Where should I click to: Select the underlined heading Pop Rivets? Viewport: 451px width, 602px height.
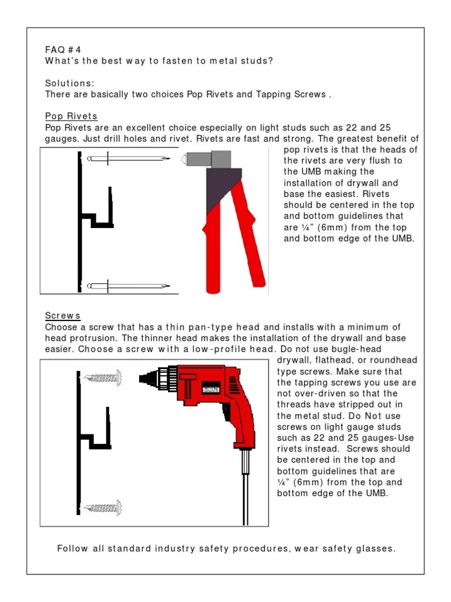[x=71, y=116]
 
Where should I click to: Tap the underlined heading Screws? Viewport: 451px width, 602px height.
[x=63, y=316]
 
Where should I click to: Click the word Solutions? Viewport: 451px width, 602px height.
[x=69, y=83]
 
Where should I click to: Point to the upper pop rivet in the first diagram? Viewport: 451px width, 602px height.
[x=128, y=159]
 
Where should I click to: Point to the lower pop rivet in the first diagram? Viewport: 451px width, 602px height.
[x=128, y=286]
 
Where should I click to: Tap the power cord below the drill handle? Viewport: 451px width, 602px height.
[x=246, y=488]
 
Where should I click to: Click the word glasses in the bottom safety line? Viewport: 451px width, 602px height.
[x=377, y=549]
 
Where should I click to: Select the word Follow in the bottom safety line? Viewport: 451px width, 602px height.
[x=73, y=549]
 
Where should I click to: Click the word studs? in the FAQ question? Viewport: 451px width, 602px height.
[x=258, y=61]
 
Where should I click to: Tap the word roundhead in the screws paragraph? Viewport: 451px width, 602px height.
[x=386, y=360]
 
